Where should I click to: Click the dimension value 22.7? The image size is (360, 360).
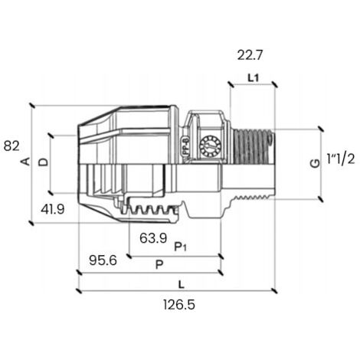[x=250, y=55]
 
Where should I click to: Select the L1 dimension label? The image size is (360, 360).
[x=254, y=78]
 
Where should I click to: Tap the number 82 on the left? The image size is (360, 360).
[x=11, y=146]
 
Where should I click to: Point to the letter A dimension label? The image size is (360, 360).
[x=25, y=162]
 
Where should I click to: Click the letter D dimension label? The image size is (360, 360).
[x=44, y=162]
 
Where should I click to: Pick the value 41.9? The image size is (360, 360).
[x=53, y=210]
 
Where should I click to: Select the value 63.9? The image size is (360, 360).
[x=153, y=238]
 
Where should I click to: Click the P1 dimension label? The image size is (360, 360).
[x=180, y=247]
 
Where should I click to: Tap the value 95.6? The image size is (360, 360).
[x=103, y=260]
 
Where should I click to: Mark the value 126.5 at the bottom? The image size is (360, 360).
[x=179, y=305]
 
